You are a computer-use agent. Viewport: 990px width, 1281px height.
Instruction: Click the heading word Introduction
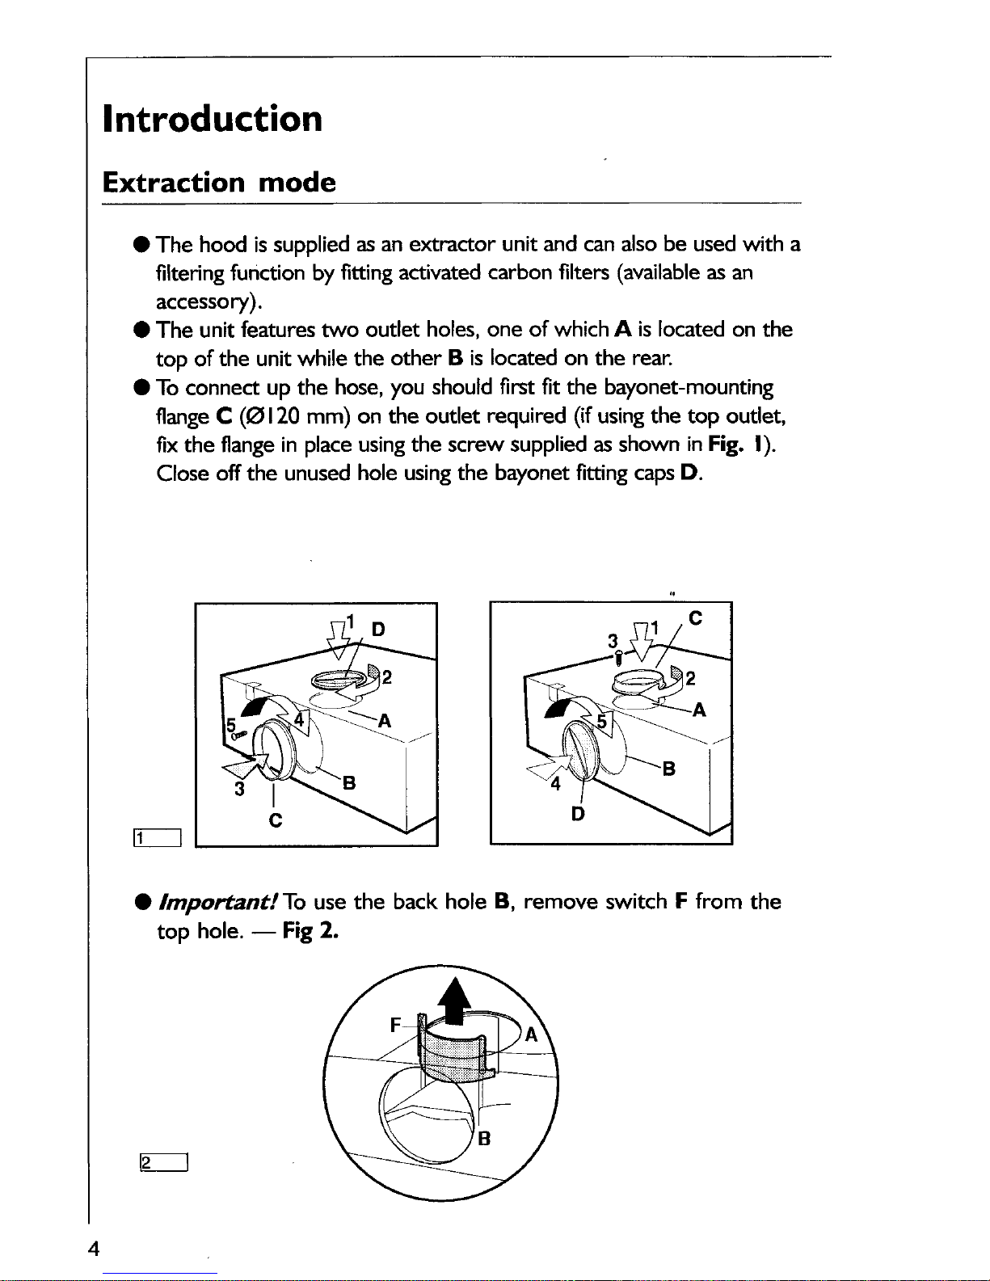[x=213, y=119]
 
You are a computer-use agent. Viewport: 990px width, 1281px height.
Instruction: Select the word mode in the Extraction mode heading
[x=297, y=182]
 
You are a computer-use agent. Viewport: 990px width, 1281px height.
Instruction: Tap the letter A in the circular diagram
[x=531, y=1034]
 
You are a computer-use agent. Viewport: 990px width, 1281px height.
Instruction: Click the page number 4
[x=95, y=1249]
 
